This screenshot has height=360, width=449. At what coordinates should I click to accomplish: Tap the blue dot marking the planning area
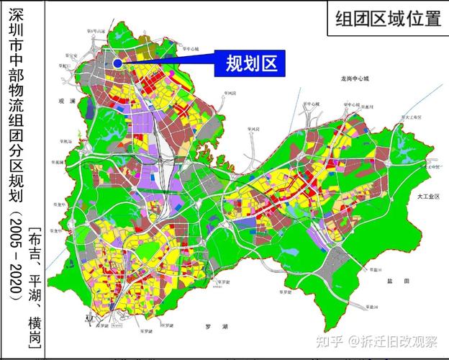click(116, 63)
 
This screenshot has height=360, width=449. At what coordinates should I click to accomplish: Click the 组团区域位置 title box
click(388, 19)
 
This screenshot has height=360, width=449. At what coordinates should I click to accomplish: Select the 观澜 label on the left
click(68, 102)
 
